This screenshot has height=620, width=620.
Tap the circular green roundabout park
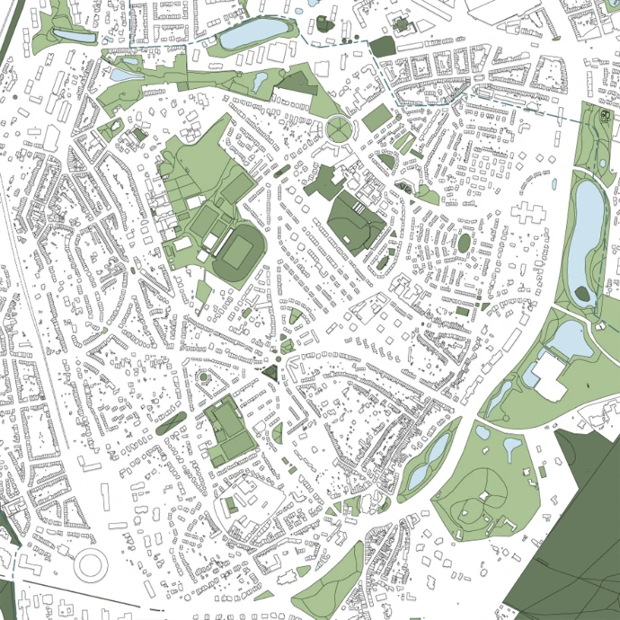[x=340, y=129]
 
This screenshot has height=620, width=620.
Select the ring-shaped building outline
[x=91, y=564]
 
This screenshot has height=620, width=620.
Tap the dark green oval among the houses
[x=464, y=243]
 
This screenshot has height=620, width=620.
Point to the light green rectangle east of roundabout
[x=377, y=118]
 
